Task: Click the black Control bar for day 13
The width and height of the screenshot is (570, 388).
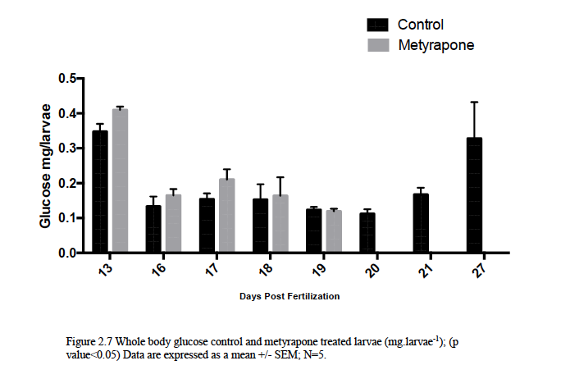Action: pyautogui.click(x=100, y=192)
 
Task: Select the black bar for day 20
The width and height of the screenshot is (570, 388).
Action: pyautogui.click(x=367, y=233)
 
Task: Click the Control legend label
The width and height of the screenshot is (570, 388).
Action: pyautogui.click(x=421, y=25)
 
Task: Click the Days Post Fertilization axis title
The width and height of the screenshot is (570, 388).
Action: pyautogui.click(x=290, y=295)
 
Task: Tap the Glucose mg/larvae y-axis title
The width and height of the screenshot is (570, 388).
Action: pyautogui.click(x=47, y=165)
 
